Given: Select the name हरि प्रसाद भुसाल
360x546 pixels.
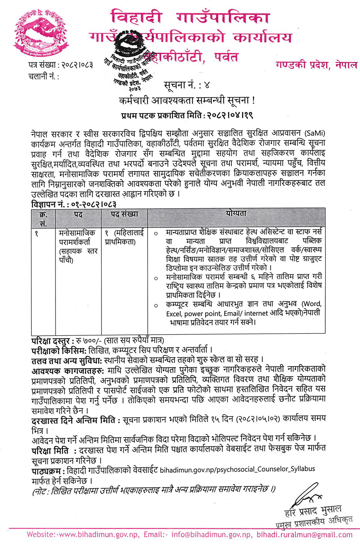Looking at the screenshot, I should click(312, 510).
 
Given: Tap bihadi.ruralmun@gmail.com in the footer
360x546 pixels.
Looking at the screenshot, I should click(305, 534).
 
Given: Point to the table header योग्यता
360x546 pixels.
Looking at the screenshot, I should click(236, 213).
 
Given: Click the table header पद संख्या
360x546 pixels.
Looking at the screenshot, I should click(124, 214).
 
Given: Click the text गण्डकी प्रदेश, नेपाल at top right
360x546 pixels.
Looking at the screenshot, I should click(316, 65).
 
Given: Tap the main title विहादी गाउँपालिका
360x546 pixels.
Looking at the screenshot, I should click(190, 18).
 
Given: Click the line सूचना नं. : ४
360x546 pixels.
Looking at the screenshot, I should click(186, 85).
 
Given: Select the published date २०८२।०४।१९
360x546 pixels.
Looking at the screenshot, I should click(230, 115).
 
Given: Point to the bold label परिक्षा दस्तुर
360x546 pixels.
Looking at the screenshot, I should click(53, 340).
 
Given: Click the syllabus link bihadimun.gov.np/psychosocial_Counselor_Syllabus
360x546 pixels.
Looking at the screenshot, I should click(237, 469).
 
